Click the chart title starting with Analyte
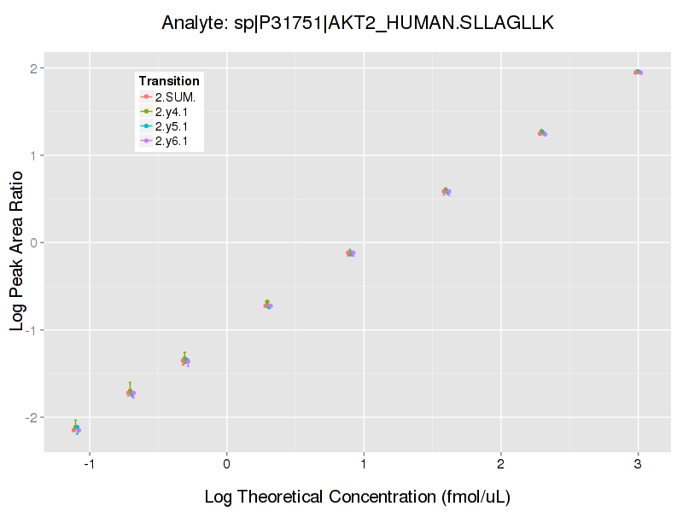(358, 23)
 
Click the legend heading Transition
(169, 81)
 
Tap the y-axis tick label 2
(32, 68)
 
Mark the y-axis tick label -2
(31, 417)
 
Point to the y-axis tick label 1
(32, 155)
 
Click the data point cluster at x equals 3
(638, 73)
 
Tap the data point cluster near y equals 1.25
(541, 133)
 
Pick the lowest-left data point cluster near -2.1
(76, 428)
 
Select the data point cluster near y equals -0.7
(268, 305)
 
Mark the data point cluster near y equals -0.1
(350, 253)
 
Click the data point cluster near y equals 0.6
(446, 191)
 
